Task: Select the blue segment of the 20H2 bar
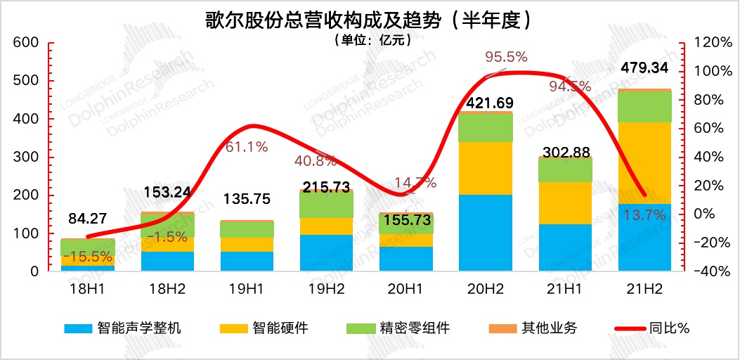pos(486,233)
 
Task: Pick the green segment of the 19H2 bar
pos(326,203)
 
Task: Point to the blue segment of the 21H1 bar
pos(565,247)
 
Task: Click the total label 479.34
pos(645,68)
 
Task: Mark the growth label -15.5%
pos(89,257)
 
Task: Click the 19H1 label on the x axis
pos(247,288)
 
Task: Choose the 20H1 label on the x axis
pos(405,288)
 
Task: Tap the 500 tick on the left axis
pos(25,80)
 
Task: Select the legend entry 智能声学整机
pos(123,328)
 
